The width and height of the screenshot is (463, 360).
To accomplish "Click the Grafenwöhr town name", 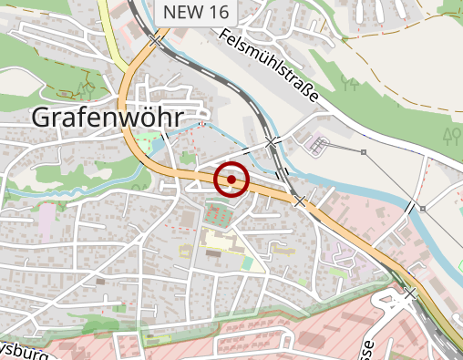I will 107,117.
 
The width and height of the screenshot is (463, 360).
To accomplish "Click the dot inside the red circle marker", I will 231,180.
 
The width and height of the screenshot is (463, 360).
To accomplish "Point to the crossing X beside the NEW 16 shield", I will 157,41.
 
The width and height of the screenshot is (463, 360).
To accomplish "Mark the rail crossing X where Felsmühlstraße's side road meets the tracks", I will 271,141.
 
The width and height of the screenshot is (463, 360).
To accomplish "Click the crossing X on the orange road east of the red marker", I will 299,200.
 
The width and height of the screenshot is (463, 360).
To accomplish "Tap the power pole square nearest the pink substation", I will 363,151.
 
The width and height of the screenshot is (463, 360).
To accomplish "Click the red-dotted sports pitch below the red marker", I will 218,216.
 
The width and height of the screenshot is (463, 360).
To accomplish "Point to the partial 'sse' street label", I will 366,349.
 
